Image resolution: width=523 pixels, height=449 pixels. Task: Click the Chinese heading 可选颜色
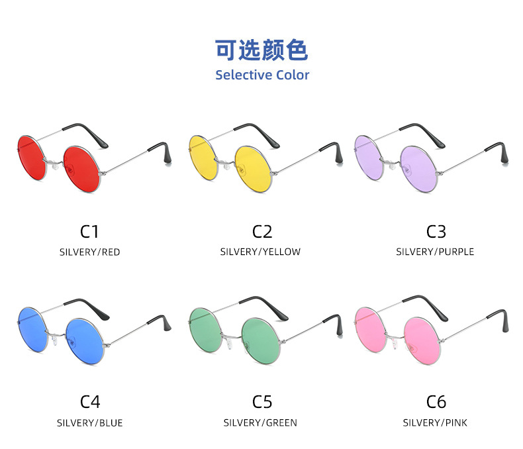tap(261, 50)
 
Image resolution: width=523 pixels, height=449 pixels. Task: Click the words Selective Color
tap(262, 75)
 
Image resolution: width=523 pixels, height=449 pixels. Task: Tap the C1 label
tap(89, 232)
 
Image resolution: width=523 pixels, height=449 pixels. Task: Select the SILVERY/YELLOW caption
tap(260, 252)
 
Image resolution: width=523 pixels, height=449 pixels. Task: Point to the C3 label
tap(436, 232)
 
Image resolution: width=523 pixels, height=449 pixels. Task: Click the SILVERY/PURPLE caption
tap(435, 252)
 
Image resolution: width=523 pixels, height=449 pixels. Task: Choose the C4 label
tap(90, 401)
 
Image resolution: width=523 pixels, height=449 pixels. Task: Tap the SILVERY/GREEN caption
tap(260, 423)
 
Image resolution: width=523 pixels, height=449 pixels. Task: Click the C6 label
tap(436, 401)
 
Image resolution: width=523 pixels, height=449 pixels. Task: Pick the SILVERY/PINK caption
tap(435, 423)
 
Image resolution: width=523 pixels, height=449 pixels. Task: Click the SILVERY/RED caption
tap(90, 252)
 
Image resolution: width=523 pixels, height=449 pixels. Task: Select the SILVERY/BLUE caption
tap(90, 423)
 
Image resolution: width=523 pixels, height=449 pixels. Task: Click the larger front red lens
tap(81, 169)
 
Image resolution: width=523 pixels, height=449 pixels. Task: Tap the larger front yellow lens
tap(254, 169)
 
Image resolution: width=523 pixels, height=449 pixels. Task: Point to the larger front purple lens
tap(418, 169)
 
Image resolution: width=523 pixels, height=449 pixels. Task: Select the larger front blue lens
tap(84, 341)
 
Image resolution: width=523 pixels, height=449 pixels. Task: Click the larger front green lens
tap(261, 340)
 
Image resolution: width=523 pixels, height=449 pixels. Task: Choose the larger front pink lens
tap(422, 340)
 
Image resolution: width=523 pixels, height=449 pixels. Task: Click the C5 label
tap(262, 401)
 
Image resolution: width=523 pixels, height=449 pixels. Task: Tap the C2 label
tap(262, 232)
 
